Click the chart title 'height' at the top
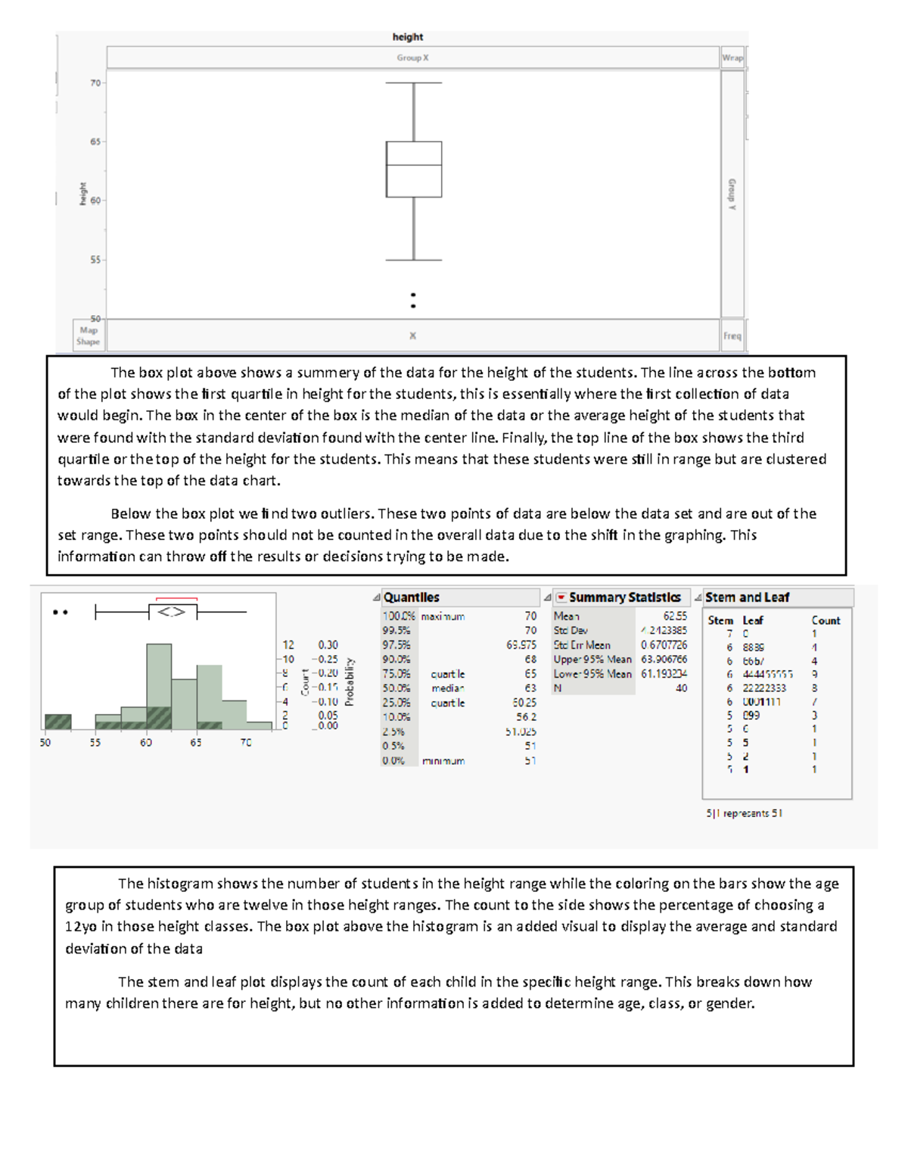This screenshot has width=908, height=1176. coord(407,37)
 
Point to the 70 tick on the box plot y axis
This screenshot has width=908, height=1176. coord(95,83)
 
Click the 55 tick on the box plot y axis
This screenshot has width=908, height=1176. coord(95,260)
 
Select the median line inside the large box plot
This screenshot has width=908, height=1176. coord(414,165)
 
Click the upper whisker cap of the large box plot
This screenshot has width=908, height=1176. coord(414,83)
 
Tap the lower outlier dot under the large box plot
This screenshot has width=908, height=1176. coord(413,306)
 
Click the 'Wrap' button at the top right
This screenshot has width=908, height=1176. coord(732,58)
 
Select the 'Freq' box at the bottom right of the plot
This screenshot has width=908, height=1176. coord(732,336)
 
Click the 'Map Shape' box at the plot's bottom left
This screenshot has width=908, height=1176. coord(89,335)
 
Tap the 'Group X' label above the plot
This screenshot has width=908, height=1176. coord(412,58)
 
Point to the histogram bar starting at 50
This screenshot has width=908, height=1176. coord(58,722)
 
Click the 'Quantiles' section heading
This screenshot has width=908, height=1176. coord(411,597)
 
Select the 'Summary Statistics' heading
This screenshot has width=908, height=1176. coord(624,597)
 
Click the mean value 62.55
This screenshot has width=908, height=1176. coord(675,616)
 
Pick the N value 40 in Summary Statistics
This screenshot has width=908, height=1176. coord(681,688)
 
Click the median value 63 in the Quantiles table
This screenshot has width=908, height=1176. coord(530,688)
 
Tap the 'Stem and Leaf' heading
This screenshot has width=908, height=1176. coord(747,597)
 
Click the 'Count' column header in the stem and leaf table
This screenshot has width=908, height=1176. coord(826,620)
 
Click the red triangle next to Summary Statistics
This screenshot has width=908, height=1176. coord(561,597)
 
